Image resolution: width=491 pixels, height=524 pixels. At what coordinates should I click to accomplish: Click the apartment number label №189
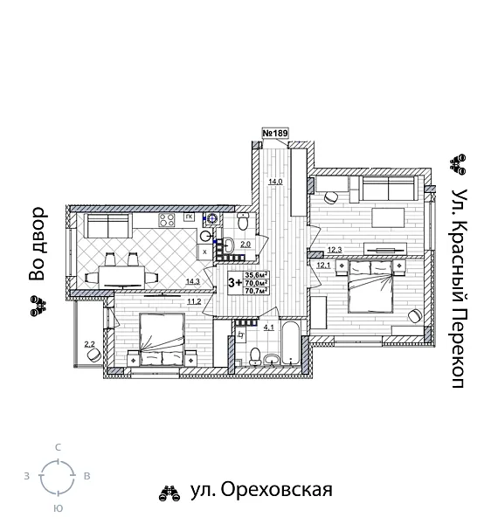(x=275, y=134)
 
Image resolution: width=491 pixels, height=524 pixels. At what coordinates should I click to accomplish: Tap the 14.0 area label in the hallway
(x=275, y=182)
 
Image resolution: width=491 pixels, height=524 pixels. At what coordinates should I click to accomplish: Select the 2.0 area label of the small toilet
(x=246, y=245)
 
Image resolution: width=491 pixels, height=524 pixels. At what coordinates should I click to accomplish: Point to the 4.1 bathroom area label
(x=269, y=327)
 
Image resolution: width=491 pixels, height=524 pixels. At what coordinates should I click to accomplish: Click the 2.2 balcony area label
(x=88, y=345)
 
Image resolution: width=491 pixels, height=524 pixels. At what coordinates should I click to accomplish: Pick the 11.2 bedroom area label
(x=194, y=301)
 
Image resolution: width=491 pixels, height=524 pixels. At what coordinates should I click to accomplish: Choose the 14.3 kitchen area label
(x=194, y=281)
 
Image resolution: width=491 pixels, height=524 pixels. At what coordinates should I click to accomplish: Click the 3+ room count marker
(x=235, y=282)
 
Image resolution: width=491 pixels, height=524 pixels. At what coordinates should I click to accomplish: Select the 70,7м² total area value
(x=256, y=291)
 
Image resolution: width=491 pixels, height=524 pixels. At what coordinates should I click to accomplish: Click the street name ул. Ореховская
(x=260, y=489)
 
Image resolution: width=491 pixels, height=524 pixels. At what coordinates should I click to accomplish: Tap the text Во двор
(x=36, y=245)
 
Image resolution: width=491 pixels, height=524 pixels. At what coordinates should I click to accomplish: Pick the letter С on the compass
(x=58, y=447)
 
